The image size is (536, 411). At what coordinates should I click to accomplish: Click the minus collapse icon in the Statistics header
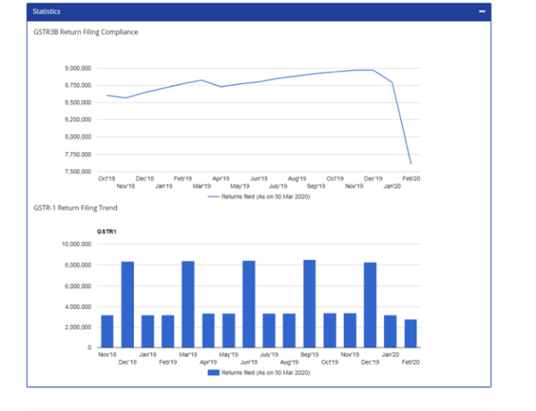tap(482, 12)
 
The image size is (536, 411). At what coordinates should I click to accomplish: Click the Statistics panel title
tap(47, 12)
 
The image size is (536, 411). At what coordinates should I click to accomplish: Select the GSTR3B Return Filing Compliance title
tap(86, 32)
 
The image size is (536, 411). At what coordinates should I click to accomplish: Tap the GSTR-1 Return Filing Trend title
tap(76, 208)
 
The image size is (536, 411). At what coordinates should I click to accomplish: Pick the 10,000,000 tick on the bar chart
tap(79, 244)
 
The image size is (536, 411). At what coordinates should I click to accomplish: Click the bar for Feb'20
tap(410, 333)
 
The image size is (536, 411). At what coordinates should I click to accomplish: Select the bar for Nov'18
tap(107, 331)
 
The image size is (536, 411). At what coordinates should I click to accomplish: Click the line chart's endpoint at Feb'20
tap(410, 164)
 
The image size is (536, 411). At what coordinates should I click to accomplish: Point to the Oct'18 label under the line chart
tap(106, 179)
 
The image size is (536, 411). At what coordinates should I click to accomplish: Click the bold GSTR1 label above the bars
tap(106, 231)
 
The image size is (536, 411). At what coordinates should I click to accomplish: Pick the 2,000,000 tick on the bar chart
tap(80, 327)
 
